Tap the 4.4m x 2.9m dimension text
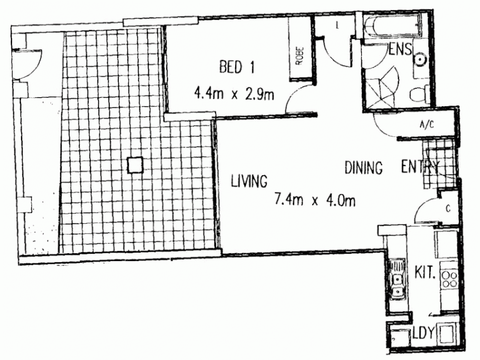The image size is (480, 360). [x=234, y=94]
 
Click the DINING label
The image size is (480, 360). [x=364, y=168]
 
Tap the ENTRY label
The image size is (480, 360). [x=420, y=167]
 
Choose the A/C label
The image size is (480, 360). [x=427, y=125]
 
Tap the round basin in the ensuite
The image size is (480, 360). [x=419, y=58]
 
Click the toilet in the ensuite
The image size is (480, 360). [x=418, y=95]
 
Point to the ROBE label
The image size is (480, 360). [x=298, y=55]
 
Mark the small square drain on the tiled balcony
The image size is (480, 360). [x=135, y=164]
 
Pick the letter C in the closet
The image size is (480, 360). [x=448, y=209]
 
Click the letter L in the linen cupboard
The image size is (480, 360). [x=338, y=25]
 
